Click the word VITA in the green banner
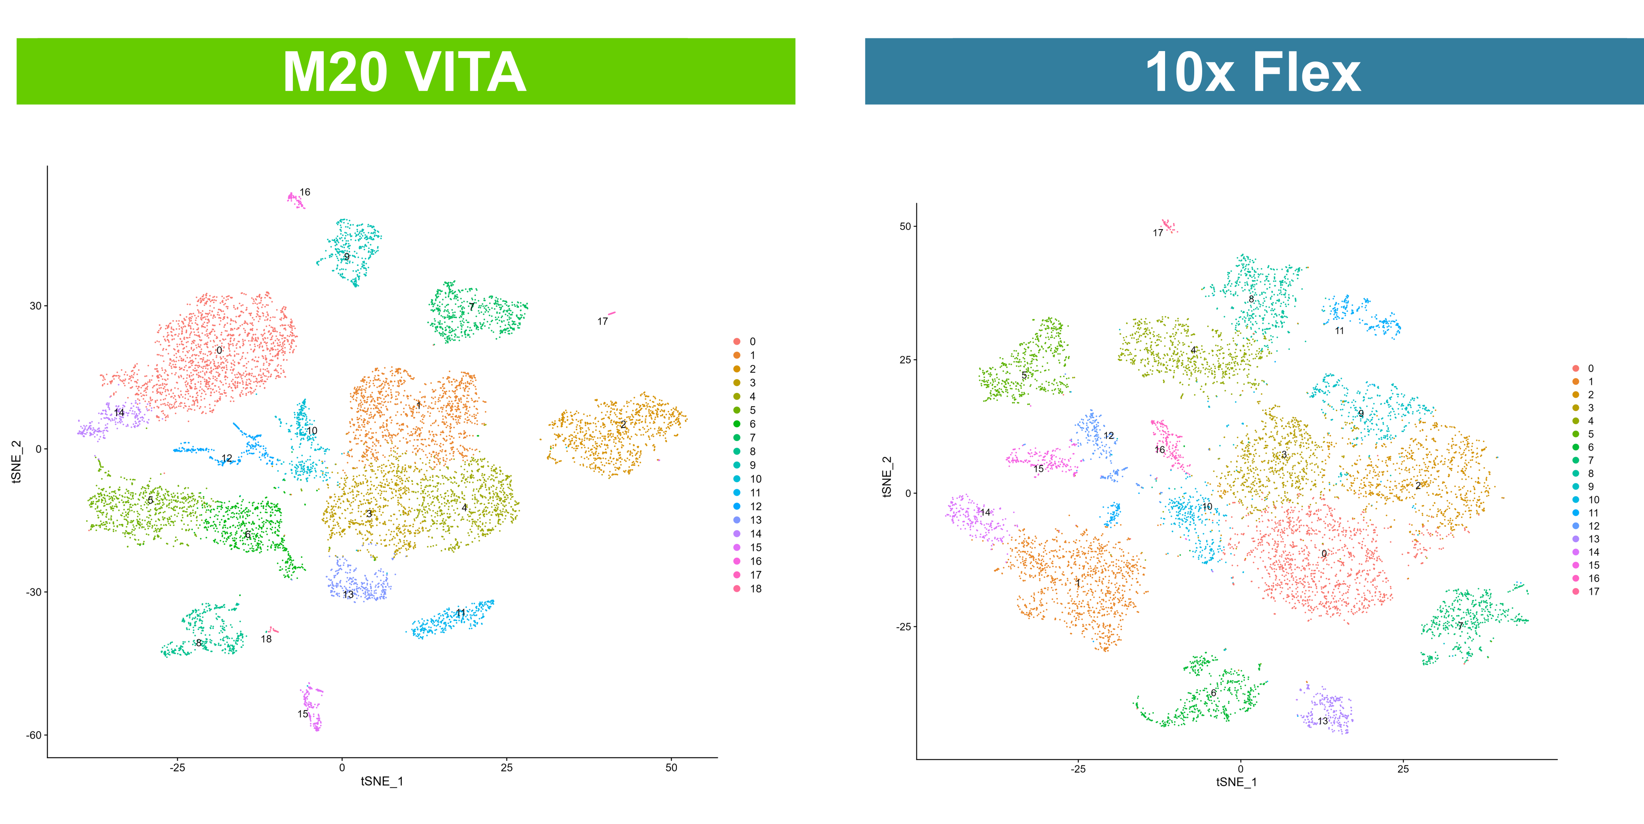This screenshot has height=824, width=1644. coord(465,72)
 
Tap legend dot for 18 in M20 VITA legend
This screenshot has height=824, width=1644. coord(737,588)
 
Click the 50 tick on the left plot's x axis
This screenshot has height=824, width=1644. coord(671,767)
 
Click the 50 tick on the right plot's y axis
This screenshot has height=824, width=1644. coord(905,226)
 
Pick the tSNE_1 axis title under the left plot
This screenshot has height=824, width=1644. coord(382,781)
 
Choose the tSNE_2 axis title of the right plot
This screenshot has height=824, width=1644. coord(886,476)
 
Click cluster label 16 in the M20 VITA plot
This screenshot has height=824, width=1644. coord(305,192)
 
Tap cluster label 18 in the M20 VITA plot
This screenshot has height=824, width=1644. coord(266,639)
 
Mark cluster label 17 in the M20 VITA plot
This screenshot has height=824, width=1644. coord(602,321)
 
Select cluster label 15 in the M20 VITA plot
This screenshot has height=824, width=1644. coord(303,713)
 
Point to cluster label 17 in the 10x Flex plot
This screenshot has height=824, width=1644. coord(1158,233)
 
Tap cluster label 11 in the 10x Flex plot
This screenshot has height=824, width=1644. coord(1339,331)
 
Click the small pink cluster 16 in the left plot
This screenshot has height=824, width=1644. coord(295,199)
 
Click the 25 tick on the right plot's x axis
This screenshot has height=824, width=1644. coord(1403,769)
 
